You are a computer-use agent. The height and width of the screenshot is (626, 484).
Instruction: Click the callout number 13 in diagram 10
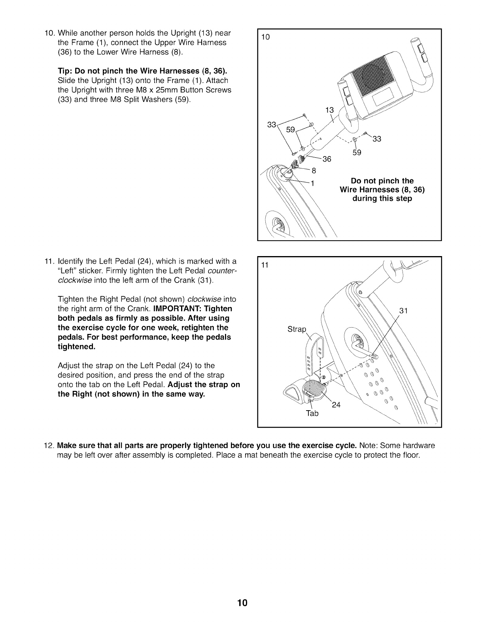329,110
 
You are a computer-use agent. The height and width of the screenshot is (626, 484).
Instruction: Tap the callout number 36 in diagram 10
327,159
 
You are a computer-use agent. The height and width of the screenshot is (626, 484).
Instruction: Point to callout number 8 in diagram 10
314,171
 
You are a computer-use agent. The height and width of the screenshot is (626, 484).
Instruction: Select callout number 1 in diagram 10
312,183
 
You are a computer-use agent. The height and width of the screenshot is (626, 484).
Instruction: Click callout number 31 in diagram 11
403,311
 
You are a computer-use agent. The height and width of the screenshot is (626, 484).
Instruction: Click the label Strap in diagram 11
297,329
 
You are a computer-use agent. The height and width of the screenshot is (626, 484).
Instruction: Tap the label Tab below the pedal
312,413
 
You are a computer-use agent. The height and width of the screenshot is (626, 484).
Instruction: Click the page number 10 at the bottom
242,603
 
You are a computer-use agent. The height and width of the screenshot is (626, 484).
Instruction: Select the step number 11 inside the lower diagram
265,265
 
